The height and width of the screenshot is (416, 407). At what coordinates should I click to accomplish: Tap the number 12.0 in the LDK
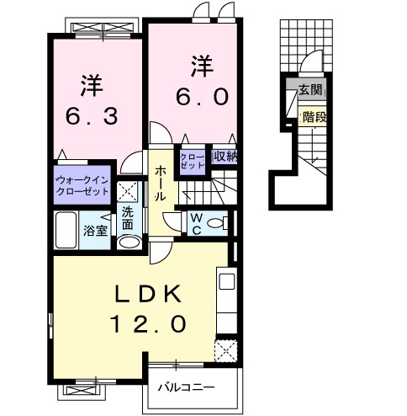point(146,322)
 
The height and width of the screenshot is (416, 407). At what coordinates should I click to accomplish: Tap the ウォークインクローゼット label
point(82,185)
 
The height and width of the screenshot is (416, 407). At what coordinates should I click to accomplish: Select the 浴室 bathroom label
point(94,231)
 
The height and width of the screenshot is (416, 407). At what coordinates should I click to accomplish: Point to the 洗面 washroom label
point(127,219)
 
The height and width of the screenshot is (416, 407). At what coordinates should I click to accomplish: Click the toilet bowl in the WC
point(217,224)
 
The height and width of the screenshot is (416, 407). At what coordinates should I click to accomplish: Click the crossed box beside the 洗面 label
point(128,190)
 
